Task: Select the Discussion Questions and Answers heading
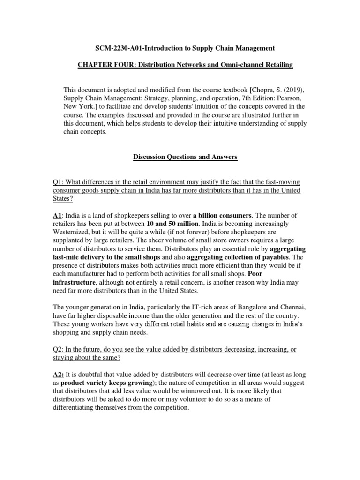point(185,157)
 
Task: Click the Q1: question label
point(62,182)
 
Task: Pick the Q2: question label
point(62,350)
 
